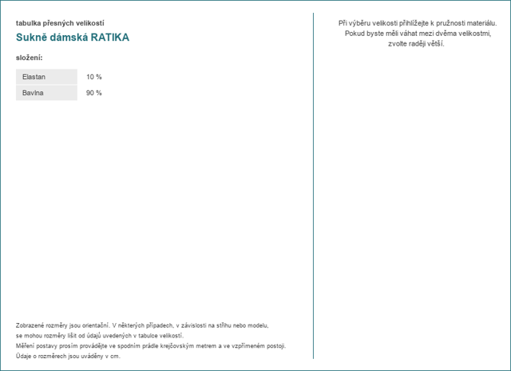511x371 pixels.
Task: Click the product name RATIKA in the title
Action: (109, 38)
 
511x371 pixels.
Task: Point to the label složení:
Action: (30, 58)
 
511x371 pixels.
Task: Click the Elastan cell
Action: (34, 77)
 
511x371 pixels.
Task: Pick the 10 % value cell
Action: (94, 77)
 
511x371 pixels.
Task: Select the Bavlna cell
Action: (34, 93)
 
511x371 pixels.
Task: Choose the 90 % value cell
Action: (94, 93)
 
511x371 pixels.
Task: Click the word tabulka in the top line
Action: (29, 23)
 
